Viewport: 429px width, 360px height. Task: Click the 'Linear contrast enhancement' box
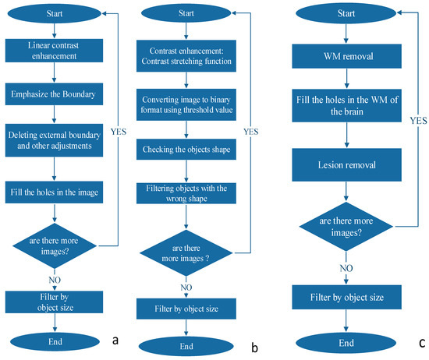click(x=54, y=51)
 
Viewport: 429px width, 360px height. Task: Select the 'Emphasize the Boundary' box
click(x=54, y=94)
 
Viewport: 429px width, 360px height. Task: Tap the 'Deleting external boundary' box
click(x=54, y=140)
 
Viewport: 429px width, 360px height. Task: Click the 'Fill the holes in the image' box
click(x=54, y=192)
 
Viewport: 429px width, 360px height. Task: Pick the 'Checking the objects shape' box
click(x=186, y=150)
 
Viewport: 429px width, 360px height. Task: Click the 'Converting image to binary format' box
click(x=186, y=104)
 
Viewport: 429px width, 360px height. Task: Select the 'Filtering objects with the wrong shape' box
click(x=186, y=193)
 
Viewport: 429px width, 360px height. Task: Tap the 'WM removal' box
click(x=346, y=56)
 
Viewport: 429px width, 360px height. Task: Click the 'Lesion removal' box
click(x=346, y=165)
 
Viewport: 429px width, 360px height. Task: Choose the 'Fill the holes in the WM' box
click(x=346, y=105)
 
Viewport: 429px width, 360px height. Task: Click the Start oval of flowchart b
click(x=186, y=12)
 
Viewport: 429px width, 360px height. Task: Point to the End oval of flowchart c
click(x=346, y=343)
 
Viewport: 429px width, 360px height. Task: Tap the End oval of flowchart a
click(x=55, y=341)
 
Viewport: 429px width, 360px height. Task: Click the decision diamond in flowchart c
click(x=346, y=226)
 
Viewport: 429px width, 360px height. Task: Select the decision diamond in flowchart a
click(x=55, y=245)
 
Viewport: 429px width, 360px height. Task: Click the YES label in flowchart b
click(x=251, y=132)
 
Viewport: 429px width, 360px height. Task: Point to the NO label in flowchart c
click(x=346, y=268)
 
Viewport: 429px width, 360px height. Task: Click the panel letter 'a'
click(x=115, y=341)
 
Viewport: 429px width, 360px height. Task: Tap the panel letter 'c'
click(x=422, y=343)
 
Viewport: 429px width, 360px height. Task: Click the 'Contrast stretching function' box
click(x=186, y=56)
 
